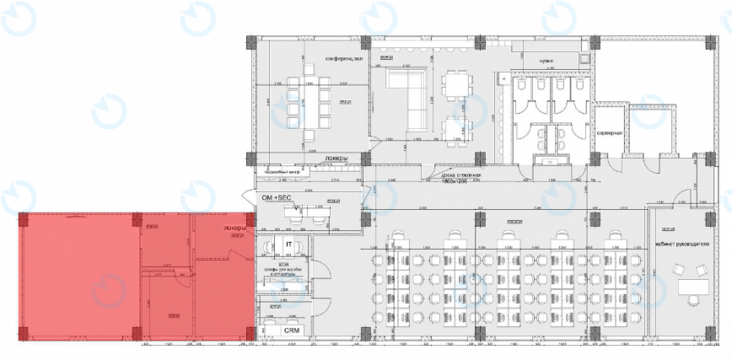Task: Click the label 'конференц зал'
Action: pyautogui.click(x=346, y=58)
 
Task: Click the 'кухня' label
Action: pyautogui.click(x=546, y=62)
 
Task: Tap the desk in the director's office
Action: pyautogui.click(x=693, y=287)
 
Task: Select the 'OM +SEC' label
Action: pyautogui.click(x=277, y=197)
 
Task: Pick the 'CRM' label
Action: pyautogui.click(x=292, y=330)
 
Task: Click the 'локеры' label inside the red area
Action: pyautogui.click(x=234, y=228)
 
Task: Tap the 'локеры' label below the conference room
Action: pyautogui.click(x=335, y=158)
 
